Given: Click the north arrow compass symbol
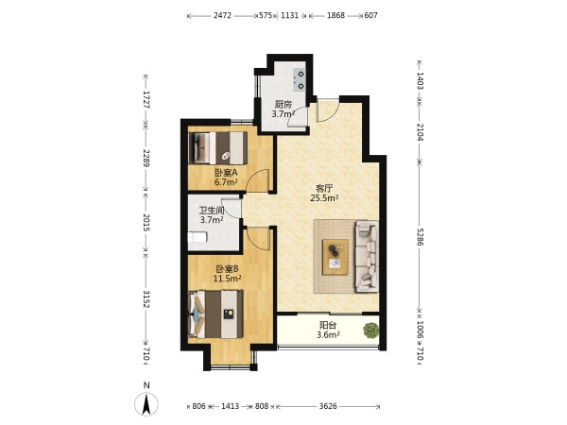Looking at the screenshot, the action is pos(146,404).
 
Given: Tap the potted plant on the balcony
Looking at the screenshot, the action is pos(371,330).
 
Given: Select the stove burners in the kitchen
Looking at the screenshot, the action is pos(301,80).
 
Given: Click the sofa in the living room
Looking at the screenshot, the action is pos(367,256).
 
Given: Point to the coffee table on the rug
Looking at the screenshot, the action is pos(335,257).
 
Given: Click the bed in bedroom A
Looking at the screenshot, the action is pos(218,148).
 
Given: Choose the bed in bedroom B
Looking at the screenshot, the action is pos(215,314).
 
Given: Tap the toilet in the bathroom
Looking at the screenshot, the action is pos(198,237).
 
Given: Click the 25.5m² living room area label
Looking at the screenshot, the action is pos(324,197).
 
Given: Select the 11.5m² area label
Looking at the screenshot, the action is pos(227,279).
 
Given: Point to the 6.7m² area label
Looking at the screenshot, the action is pos(226,181).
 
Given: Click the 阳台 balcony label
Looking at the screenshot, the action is pos(328,325).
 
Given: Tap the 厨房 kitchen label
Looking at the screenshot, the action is pos(283,105).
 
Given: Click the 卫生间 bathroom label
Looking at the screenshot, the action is pos(212,211).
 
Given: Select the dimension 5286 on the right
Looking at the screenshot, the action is pos(420,237).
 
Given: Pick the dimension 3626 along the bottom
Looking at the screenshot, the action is pos(328,406).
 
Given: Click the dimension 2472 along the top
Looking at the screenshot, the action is pos(222,15).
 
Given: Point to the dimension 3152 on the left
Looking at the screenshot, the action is pos(146,298).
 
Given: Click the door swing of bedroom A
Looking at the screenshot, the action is pos(257,180).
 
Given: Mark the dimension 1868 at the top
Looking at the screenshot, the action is pos(335,15).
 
